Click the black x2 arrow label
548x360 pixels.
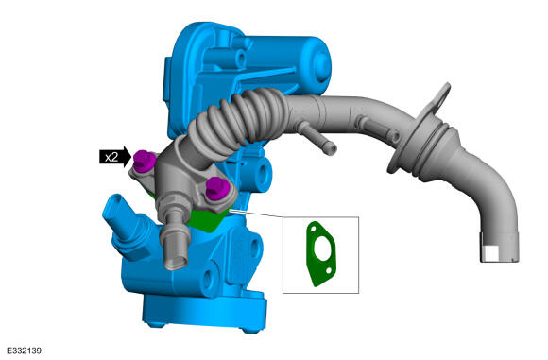point(115,157)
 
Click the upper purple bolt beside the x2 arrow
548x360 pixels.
point(144,161)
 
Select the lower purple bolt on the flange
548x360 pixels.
point(217,188)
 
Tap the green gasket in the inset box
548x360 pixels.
point(320,254)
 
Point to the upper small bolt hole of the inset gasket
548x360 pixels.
point(313,229)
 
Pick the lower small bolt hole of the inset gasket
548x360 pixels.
point(328,270)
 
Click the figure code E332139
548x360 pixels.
point(25,351)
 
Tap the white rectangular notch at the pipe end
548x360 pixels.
point(490,253)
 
